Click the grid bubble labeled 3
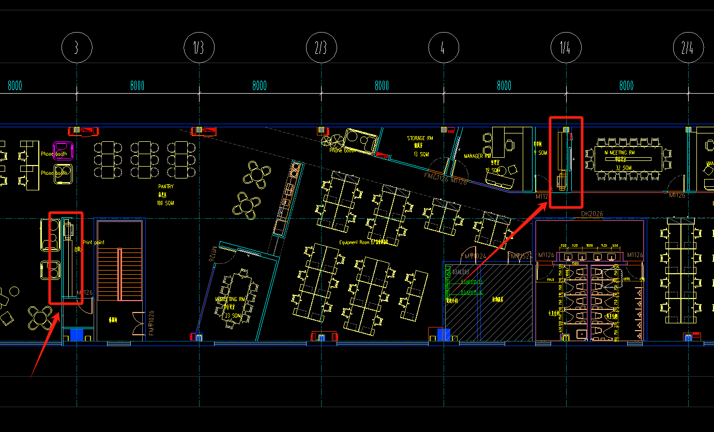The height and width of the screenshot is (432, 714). (77, 48)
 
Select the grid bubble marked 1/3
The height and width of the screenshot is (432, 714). (199, 48)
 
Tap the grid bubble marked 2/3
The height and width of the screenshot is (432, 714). (322, 48)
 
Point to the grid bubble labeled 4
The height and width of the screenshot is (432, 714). (444, 48)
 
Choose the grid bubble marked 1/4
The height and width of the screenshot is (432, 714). (566, 48)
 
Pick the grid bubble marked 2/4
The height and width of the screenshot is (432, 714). (688, 48)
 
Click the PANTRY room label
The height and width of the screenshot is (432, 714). (166, 186)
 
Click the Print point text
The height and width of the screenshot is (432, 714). (94, 242)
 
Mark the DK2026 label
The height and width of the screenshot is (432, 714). (593, 214)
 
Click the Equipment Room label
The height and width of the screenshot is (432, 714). (357, 242)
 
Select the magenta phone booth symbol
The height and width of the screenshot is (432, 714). (63, 150)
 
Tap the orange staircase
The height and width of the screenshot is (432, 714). (119, 274)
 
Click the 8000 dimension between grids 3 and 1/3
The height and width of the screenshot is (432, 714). (138, 86)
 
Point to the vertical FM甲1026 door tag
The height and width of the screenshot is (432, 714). (151, 323)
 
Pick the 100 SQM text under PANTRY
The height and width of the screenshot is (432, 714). (165, 203)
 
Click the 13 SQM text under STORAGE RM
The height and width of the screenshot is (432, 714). (421, 154)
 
